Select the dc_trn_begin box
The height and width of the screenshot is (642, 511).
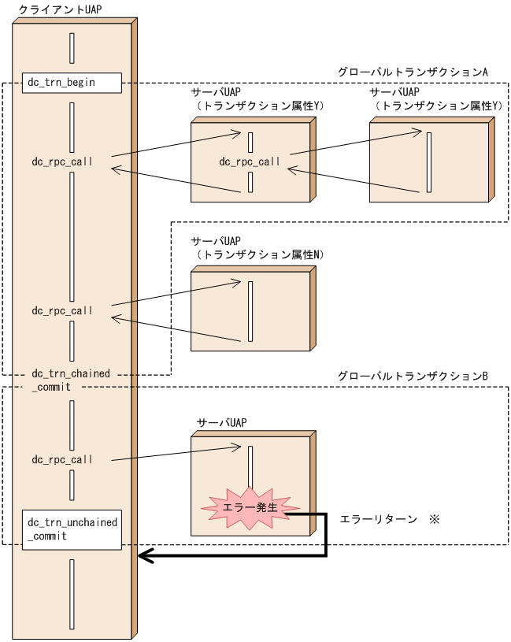(x=71, y=83)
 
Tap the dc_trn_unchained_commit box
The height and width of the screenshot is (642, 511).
(x=72, y=529)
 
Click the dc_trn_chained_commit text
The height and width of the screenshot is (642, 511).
(x=71, y=380)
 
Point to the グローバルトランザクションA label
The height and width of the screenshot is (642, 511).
(x=413, y=72)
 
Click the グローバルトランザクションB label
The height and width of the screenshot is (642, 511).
(x=413, y=377)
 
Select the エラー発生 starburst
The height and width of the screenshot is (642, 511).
(x=250, y=508)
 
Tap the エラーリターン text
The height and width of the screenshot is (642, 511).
(x=378, y=520)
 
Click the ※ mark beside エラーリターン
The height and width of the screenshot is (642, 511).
(x=433, y=520)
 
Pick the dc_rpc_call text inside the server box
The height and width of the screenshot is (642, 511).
(x=250, y=161)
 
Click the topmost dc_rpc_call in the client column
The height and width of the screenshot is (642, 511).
(x=62, y=161)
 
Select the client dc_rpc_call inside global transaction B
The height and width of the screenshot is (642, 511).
(x=62, y=459)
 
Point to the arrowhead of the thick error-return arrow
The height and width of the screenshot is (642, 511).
(x=143, y=556)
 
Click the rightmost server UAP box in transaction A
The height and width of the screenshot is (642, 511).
(x=429, y=162)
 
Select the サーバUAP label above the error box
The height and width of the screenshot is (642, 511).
(x=221, y=422)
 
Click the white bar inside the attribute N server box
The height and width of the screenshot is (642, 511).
(x=250, y=312)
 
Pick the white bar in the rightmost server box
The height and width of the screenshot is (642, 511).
(x=428, y=162)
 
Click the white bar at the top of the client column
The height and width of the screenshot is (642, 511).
(x=72, y=48)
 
